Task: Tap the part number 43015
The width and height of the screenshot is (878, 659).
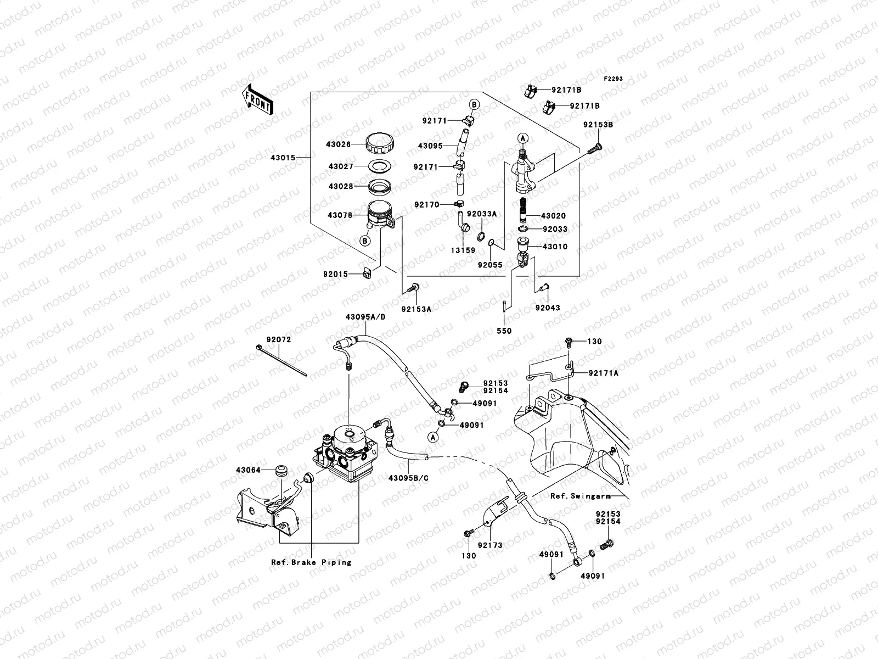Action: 283,158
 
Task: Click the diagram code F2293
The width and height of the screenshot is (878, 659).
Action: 614,79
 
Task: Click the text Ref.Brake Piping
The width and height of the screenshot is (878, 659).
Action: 311,562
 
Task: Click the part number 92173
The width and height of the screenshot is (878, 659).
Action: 489,545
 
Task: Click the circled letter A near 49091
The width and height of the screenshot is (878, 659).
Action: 432,437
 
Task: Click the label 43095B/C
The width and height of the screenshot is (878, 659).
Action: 408,478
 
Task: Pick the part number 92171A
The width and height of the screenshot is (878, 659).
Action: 603,373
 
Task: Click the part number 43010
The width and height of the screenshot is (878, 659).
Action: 555,247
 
